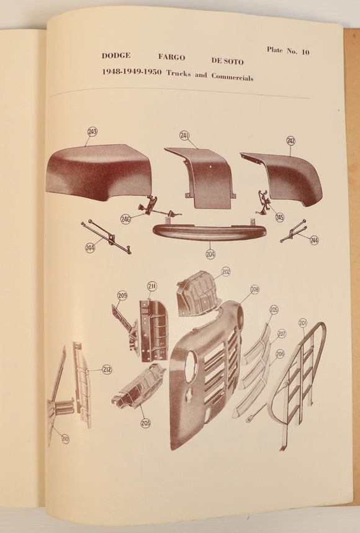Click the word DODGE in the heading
pyautogui.click(x=116, y=55)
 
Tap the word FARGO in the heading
pyautogui.click(x=171, y=57)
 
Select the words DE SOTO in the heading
pyautogui.click(x=227, y=61)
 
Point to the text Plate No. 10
pyautogui.click(x=288, y=51)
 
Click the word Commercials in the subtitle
pyautogui.click(x=232, y=77)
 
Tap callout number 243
pyautogui.click(x=92, y=132)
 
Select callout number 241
pyautogui.click(x=184, y=135)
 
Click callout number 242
pyautogui.click(x=290, y=141)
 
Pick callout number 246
pyautogui.click(x=125, y=219)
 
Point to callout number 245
pyautogui.click(x=279, y=217)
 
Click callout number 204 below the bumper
pyautogui.click(x=210, y=254)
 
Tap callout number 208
pyautogui.click(x=254, y=289)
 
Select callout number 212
pyautogui.click(x=107, y=369)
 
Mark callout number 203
pyautogui.click(x=146, y=423)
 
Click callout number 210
pyautogui.click(x=65, y=439)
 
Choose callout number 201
pyautogui.click(x=303, y=323)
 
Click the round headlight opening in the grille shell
pyautogui.click(x=191, y=367)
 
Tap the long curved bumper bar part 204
pyautogui.click(x=209, y=233)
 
